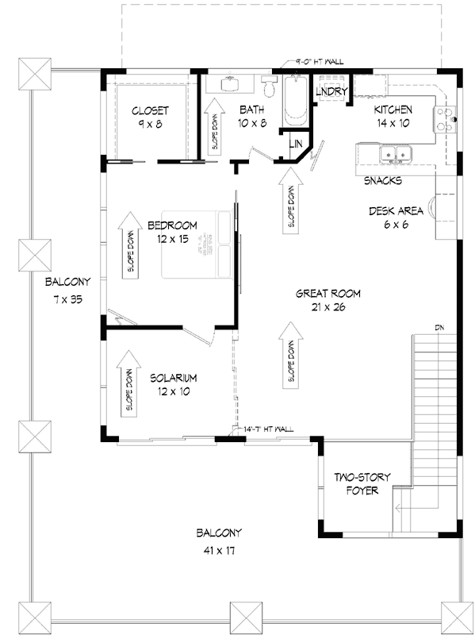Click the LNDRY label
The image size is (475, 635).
click(x=330, y=92)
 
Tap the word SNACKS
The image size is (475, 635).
click(x=382, y=181)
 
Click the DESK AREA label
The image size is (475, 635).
click(x=393, y=211)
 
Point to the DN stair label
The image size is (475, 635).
click(x=439, y=327)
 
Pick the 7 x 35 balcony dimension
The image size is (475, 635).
click(x=68, y=298)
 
